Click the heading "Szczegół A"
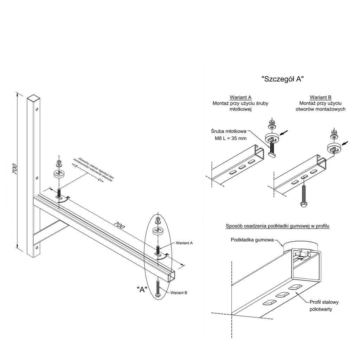pyautogui.click(x=283, y=79)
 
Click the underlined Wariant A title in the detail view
pyautogui.click(x=240, y=97)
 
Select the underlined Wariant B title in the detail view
pyautogui.click(x=321, y=97)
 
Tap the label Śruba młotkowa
pyautogui.click(x=229, y=131)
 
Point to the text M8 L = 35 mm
pyautogui.click(x=231, y=138)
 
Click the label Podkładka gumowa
pyautogui.click(x=252, y=240)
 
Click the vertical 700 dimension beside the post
pyautogui.click(x=15, y=169)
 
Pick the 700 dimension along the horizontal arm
pyautogui.click(x=119, y=225)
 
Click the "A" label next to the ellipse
pyautogui.click(x=142, y=290)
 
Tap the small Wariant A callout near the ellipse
pyautogui.click(x=184, y=243)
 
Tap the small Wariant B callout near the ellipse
pyautogui.click(x=179, y=293)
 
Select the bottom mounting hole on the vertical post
pyautogui.click(x=37, y=247)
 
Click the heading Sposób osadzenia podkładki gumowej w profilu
pyautogui.click(x=278, y=226)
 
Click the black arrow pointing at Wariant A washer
pyautogui.click(x=284, y=133)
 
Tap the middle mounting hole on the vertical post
pyautogui.click(x=37, y=178)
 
